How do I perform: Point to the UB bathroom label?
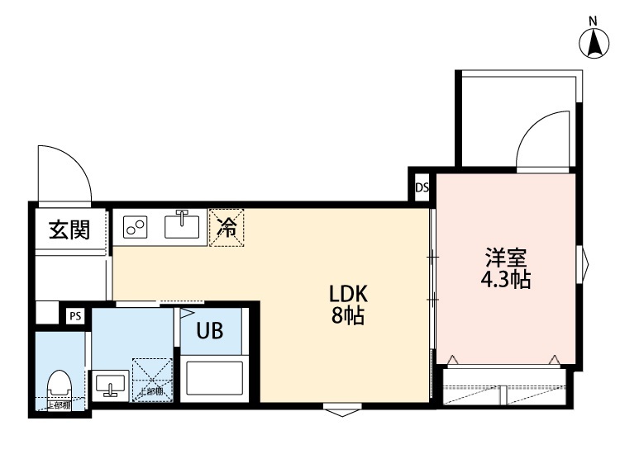click(208, 331)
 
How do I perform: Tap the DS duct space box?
click(422, 187)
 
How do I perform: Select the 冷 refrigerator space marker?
click(226, 227)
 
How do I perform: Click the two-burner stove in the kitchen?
click(136, 226)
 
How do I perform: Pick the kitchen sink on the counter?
click(184, 225)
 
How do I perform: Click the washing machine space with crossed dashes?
click(154, 381)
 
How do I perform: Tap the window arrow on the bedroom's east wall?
click(585, 265)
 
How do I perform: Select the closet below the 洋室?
click(504, 387)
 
